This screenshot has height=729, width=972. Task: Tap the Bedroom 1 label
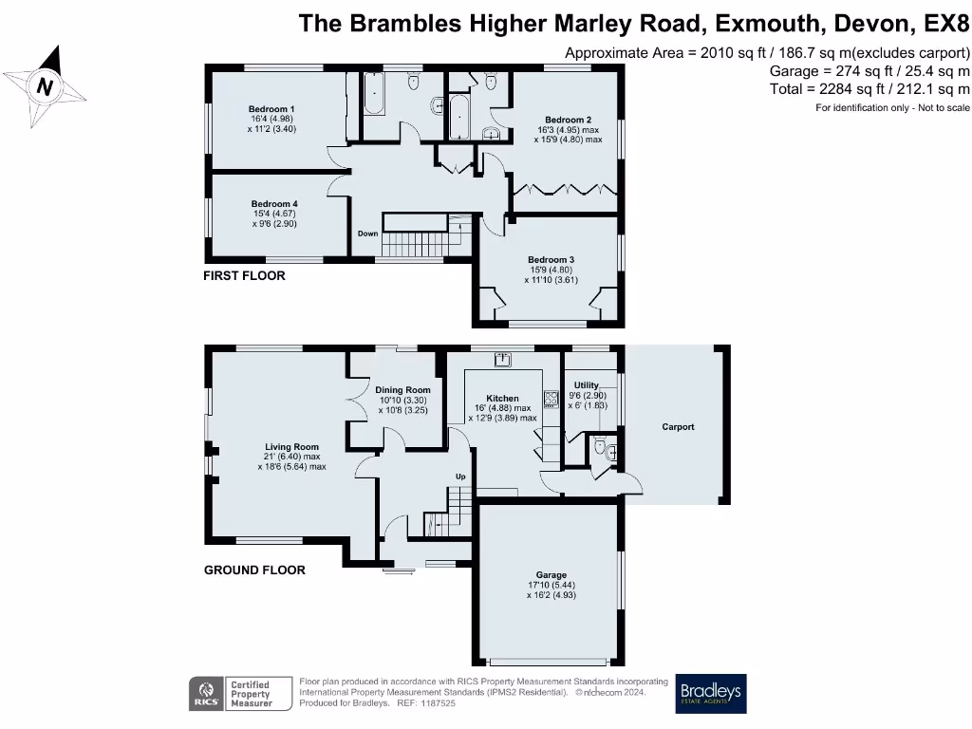pos(272,109)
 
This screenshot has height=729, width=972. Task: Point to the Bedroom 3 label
pos(551,259)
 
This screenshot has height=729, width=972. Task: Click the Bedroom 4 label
pos(274,204)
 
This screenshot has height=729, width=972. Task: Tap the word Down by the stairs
pos(367,234)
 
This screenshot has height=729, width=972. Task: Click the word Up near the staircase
pos(461,476)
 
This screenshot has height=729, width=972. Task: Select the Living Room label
pos(291,446)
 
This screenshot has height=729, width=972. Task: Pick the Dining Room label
pos(402,390)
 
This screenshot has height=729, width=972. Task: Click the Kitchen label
pos(502,399)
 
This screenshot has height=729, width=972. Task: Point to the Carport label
pos(678,427)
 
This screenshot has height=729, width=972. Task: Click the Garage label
pos(551,575)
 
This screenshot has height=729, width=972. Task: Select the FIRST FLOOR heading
pos(244,276)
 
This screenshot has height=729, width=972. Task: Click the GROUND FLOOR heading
pos(254,570)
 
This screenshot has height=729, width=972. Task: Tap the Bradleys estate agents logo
pos(711,694)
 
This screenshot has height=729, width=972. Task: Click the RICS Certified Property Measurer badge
pos(234,694)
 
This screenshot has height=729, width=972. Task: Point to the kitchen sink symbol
pos(501,359)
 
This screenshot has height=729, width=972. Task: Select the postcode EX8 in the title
pos(939,23)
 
